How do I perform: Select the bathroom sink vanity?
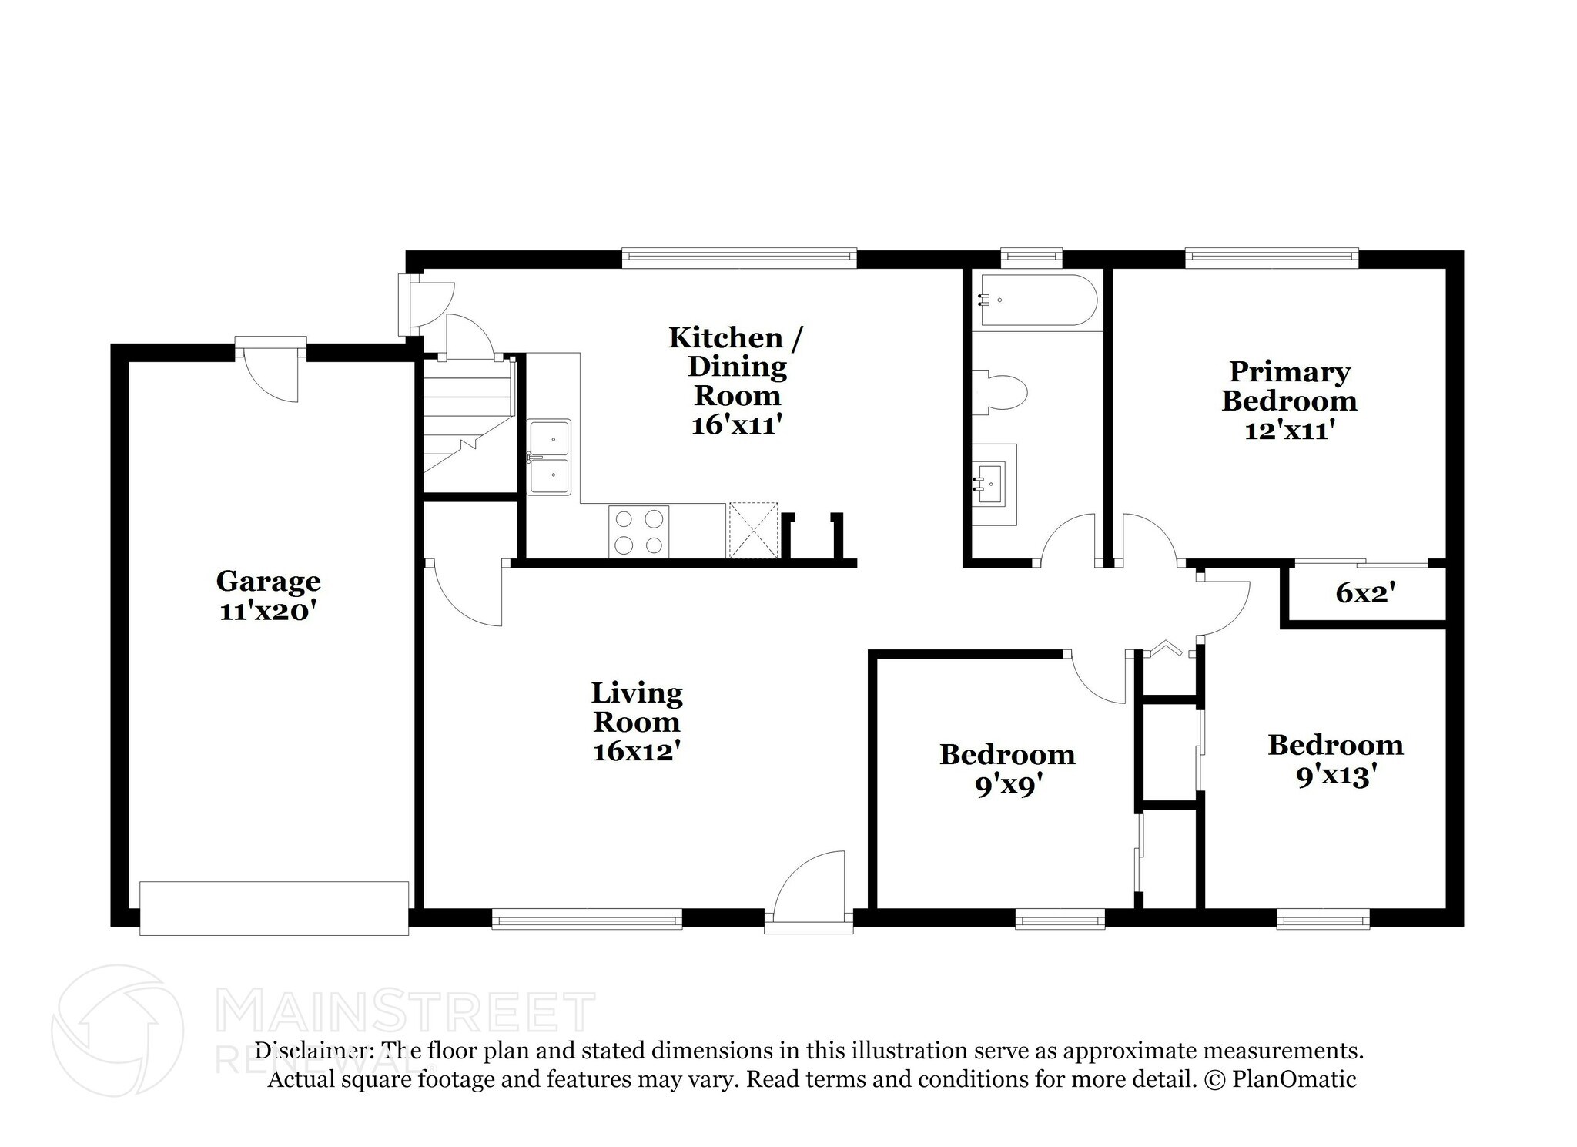pos(993,485)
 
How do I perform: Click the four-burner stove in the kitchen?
pos(638,532)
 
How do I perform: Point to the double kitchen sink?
pos(549,457)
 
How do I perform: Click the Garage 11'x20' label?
pos(268,595)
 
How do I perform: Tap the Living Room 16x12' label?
pos(637,722)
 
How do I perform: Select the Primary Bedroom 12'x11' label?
pos(1289,401)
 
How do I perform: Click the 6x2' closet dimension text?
pos(1366,592)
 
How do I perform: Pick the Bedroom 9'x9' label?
pos(1007,769)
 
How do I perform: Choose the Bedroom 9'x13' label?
pos(1335,760)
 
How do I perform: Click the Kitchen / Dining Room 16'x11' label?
pos(737,381)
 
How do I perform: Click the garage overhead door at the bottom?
pos(274,909)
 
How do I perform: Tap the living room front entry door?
pos(809,894)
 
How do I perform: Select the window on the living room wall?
pos(587,918)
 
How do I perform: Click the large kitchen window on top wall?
pos(738,258)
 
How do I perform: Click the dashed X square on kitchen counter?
pos(754,530)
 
